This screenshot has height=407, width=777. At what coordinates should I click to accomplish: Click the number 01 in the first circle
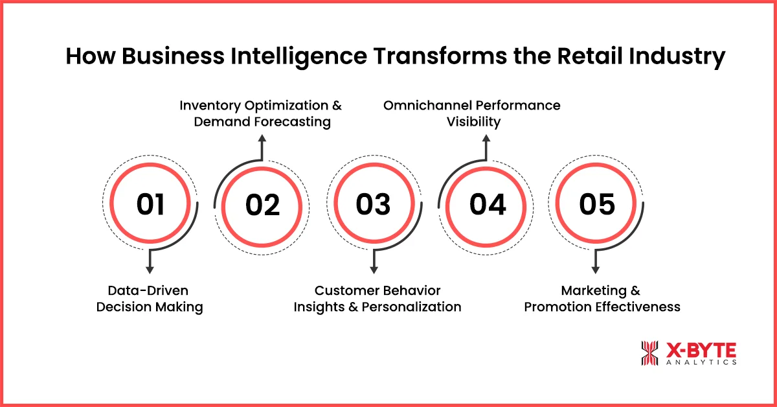(x=150, y=205)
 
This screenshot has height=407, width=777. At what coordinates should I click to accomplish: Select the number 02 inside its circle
(x=262, y=205)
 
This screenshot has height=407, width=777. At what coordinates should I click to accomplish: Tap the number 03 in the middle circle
(x=373, y=205)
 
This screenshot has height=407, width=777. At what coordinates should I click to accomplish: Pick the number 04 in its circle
(x=487, y=205)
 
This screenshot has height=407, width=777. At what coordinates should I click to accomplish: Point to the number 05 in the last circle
(x=596, y=205)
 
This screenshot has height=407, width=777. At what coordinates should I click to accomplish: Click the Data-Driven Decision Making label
(x=150, y=299)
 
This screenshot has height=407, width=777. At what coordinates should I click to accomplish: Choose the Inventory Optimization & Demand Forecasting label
(x=261, y=113)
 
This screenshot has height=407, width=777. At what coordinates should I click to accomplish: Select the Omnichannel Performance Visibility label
(x=473, y=113)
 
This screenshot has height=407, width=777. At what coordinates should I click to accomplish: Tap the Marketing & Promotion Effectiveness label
(x=602, y=299)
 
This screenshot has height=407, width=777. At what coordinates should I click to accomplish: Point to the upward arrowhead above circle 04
(x=486, y=138)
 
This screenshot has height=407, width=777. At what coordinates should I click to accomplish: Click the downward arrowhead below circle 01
(x=150, y=270)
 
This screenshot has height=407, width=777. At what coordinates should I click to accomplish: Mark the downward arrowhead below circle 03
(x=374, y=270)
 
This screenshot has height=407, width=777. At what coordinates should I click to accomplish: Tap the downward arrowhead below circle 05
(x=597, y=270)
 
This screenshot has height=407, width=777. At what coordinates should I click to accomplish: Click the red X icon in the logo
(x=649, y=354)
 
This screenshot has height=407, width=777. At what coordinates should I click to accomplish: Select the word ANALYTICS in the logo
(x=701, y=363)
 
